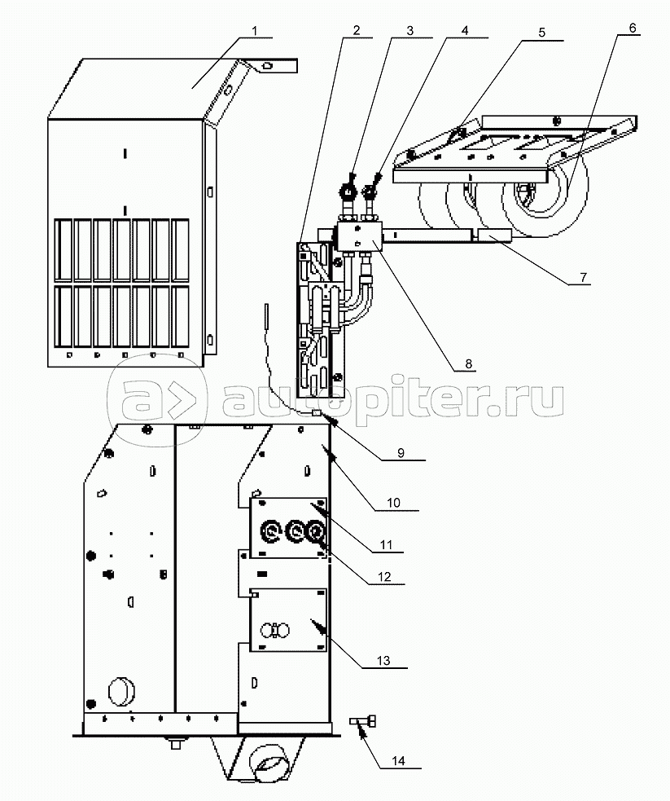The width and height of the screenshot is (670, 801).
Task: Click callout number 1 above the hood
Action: [255, 31]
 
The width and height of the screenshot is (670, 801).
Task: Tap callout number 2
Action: [356, 30]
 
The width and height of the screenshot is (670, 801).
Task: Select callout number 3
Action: [409, 30]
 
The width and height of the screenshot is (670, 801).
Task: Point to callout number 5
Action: [542, 32]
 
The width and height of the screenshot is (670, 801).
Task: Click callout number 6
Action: [633, 28]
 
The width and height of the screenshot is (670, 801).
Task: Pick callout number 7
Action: [583, 277]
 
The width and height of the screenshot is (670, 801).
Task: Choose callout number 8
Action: [468, 364]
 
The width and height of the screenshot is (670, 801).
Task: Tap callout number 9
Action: [401, 453]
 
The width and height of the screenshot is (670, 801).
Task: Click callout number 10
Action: [393, 503]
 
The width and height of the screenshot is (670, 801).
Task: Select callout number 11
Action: [386, 545]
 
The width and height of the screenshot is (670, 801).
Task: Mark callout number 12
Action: [384, 577]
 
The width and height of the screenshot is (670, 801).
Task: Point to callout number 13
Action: [383, 661]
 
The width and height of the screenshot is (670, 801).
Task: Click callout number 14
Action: [398, 760]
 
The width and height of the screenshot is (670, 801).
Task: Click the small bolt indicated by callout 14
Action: [363, 721]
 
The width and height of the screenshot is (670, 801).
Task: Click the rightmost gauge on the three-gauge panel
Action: [316, 532]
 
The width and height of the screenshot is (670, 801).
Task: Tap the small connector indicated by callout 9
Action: [317, 412]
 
